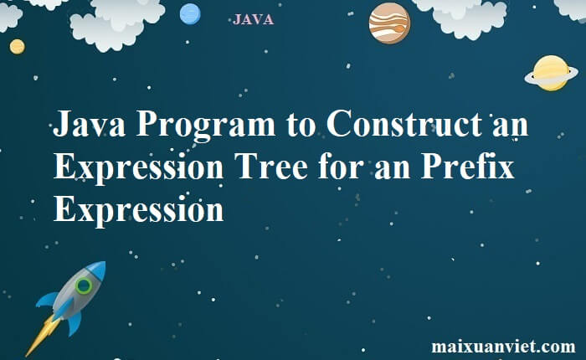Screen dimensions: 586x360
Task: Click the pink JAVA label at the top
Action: [x=253, y=19]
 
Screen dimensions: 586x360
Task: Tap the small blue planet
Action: [x=190, y=14]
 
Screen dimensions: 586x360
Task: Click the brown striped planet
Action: [x=389, y=23]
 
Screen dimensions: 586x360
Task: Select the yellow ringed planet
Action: [x=551, y=74]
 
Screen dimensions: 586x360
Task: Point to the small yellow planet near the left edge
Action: [x=18, y=47]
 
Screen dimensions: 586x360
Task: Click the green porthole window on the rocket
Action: [x=84, y=286]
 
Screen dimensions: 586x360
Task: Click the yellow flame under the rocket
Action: [x=42, y=335]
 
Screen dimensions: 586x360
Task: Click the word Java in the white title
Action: [x=89, y=123]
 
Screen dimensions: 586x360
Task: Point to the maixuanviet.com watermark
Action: [x=503, y=347]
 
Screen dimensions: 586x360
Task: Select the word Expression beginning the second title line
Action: [x=139, y=168]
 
